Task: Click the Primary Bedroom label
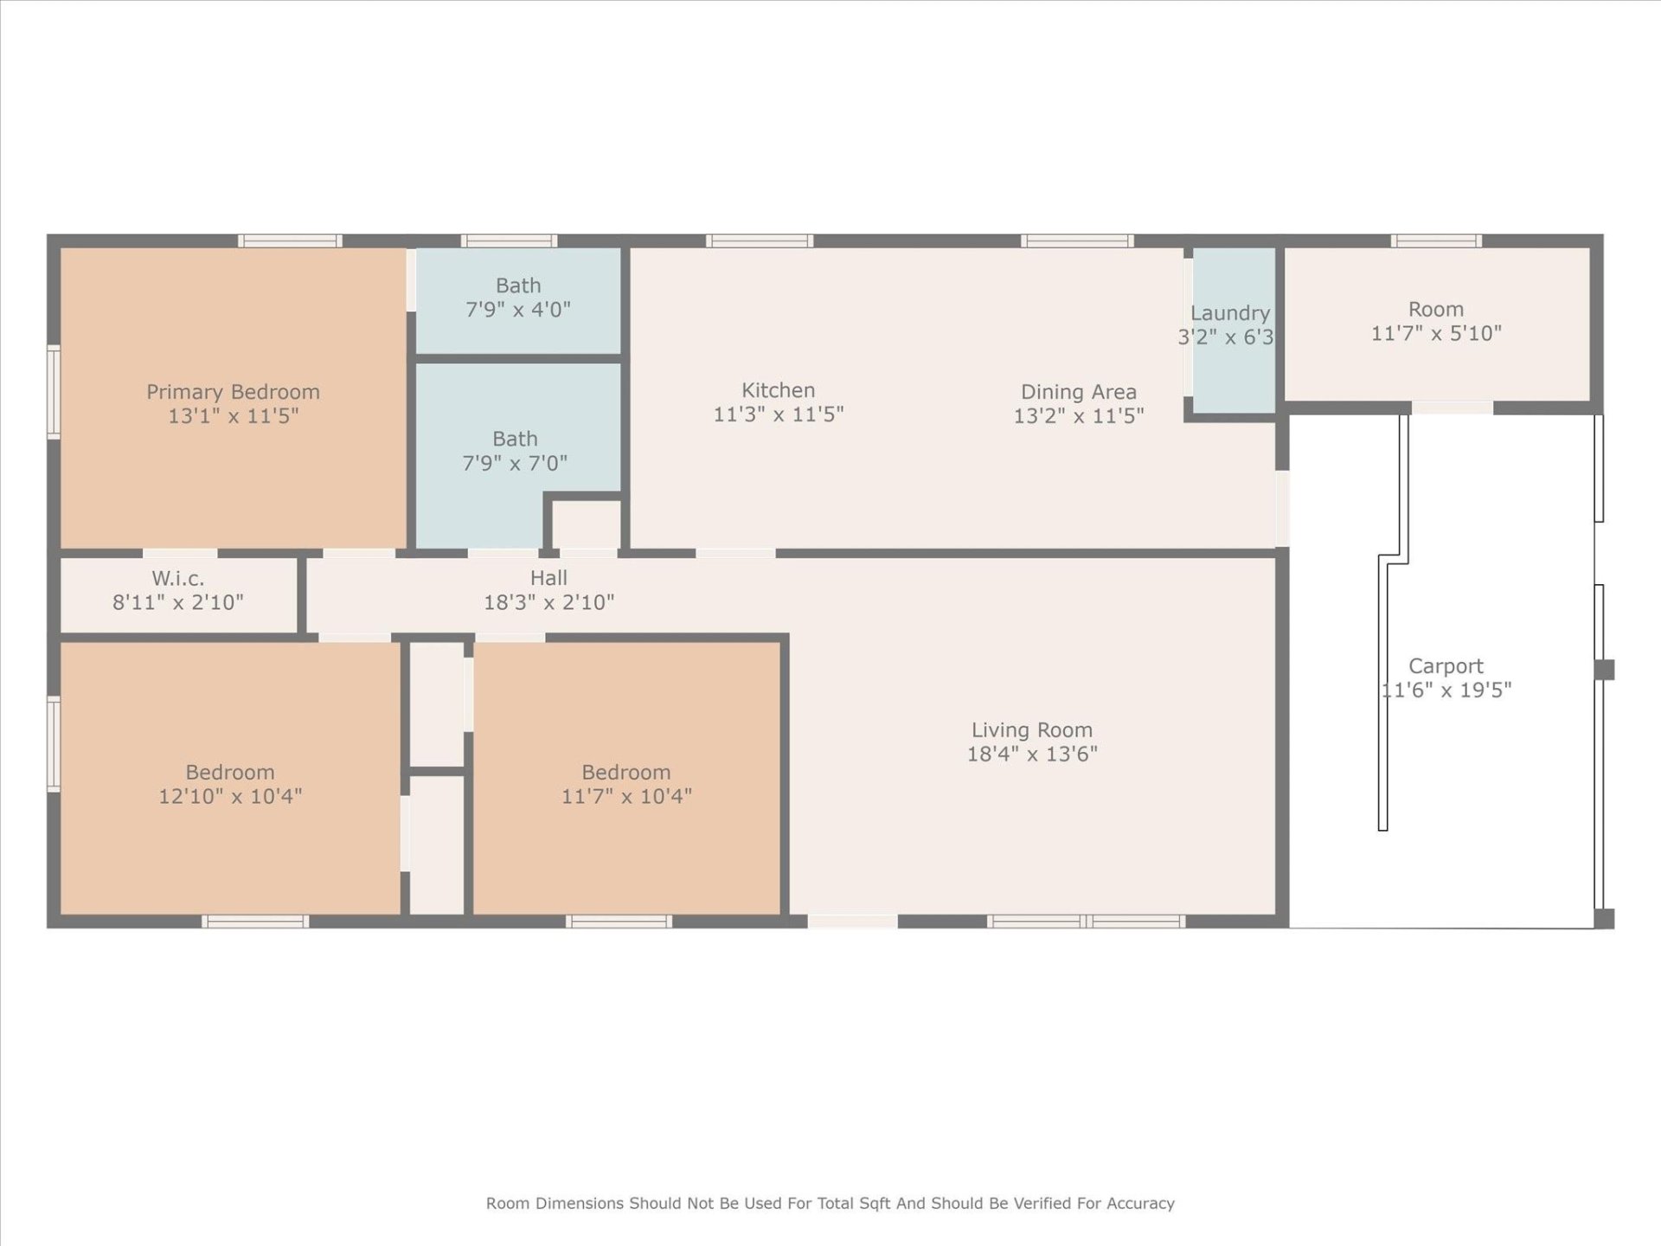[x=233, y=392]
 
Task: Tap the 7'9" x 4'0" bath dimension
[x=517, y=310]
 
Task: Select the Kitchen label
[x=778, y=390]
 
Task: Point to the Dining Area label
[x=1078, y=392]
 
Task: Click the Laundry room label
[x=1229, y=313]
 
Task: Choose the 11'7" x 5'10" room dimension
[x=1435, y=333]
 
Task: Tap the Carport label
[x=1445, y=666]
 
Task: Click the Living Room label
[x=1031, y=730]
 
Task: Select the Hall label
[x=548, y=578]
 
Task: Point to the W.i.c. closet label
[x=178, y=578]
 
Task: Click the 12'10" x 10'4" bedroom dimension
[x=229, y=796]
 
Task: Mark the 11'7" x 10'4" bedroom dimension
[x=625, y=796]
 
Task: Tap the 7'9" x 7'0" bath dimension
[x=515, y=463]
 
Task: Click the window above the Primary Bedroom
[x=290, y=241]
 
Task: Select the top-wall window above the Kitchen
[x=760, y=241]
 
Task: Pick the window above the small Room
[x=1435, y=241]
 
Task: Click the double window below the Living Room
[x=1086, y=922]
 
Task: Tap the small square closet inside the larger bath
[x=586, y=523]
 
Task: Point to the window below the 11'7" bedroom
[x=619, y=922]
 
